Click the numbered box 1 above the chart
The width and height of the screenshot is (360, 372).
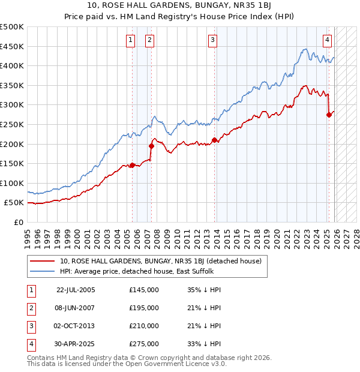pos(130,40)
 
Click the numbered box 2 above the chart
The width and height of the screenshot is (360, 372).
pos(149,40)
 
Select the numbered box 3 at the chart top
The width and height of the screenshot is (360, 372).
pos(212,40)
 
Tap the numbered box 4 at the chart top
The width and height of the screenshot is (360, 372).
pos(327,40)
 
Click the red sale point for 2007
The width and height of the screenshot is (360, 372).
pos(151,146)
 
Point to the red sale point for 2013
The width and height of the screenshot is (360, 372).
pos(214,140)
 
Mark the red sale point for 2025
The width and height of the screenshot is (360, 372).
pos(329,115)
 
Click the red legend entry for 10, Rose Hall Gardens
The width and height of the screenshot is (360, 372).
pos(160,261)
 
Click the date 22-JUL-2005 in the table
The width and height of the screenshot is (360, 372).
pos(76,290)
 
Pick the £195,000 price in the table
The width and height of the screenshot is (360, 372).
pos(144,308)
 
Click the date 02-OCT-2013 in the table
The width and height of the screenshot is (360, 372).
pos(76,326)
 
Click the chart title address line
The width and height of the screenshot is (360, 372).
pos(180,7)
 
